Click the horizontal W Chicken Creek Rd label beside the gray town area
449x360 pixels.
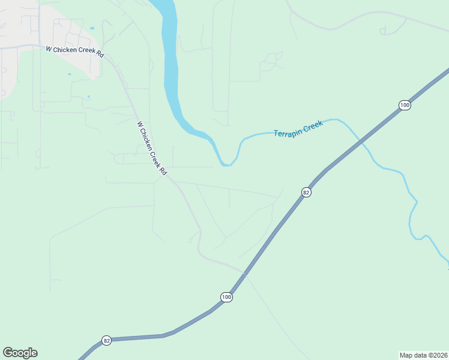coord(75,52)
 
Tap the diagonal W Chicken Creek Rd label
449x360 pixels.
coord(152,148)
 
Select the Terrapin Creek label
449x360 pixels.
coord(298,128)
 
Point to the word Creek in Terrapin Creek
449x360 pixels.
coord(313,125)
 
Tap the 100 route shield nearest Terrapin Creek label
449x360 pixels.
coord(405,105)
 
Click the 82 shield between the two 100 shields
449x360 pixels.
coord(306,192)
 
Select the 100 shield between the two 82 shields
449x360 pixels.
coord(226,297)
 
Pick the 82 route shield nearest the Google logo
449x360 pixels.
coord(107,340)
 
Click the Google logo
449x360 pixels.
coord(20,353)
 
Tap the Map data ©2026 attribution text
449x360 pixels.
coord(423,355)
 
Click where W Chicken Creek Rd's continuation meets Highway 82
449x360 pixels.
coord(245,273)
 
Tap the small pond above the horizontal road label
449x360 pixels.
coord(92,28)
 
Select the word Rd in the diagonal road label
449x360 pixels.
coord(163,170)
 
